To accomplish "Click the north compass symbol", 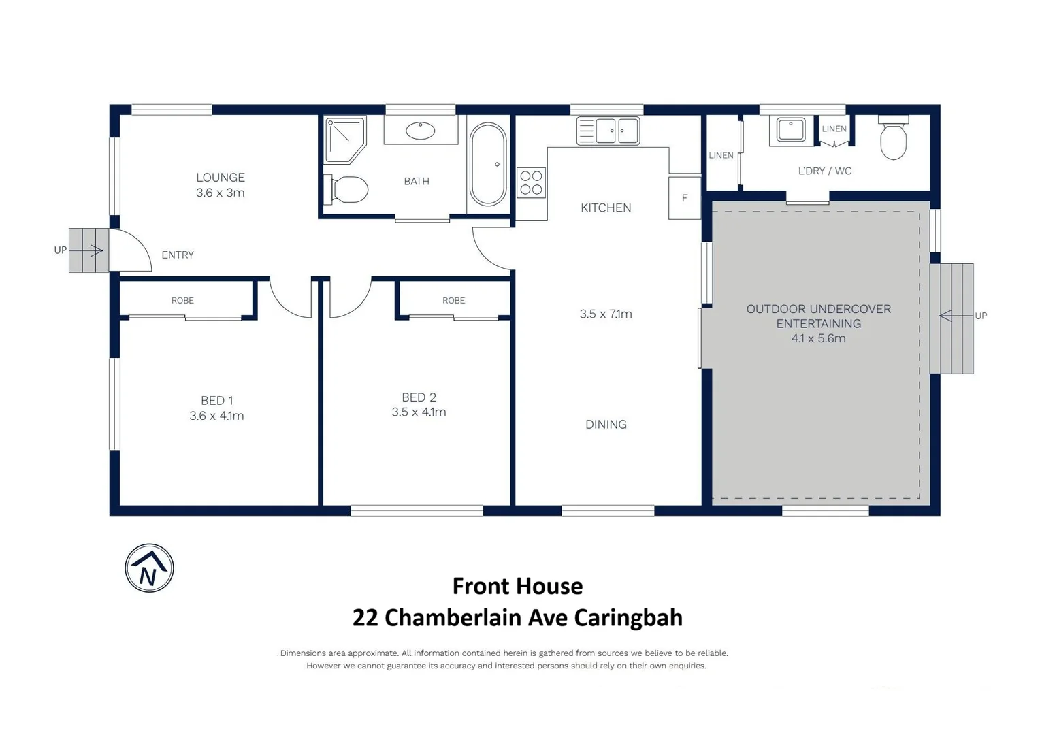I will pyautogui.click(x=149, y=568).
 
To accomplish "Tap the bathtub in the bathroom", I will pyautogui.click(x=487, y=164).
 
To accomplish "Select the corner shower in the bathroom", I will pyautogui.click(x=344, y=140).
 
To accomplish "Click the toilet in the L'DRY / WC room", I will pyautogui.click(x=893, y=140).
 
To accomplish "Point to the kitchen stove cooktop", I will pyautogui.click(x=531, y=182).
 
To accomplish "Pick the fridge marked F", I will pyautogui.click(x=685, y=198).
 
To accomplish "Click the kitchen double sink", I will pyautogui.click(x=608, y=130).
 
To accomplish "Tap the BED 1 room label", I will pyautogui.click(x=216, y=401).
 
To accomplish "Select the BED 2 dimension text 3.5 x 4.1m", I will pyautogui.click(x=419, y=412).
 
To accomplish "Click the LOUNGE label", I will pyautogui.click(x=220, y=178).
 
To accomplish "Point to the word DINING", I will pyautogui.click(x=606, y=425).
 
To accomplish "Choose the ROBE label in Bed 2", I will pyautogui.click(x=453, y=301).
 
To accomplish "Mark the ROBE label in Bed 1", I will pyautogui.click(x=182, y=301).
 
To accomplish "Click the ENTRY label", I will pyautogui.click(x=178, y=255).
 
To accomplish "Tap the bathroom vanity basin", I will pyautogui.click(x=420, y=130).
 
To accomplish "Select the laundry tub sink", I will pyautogui.click(x=791, y=129).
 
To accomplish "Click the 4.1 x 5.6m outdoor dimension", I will pyautogui.click(x=818, y=339).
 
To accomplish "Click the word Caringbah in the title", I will pyautogui.click(x=628, y=618).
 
